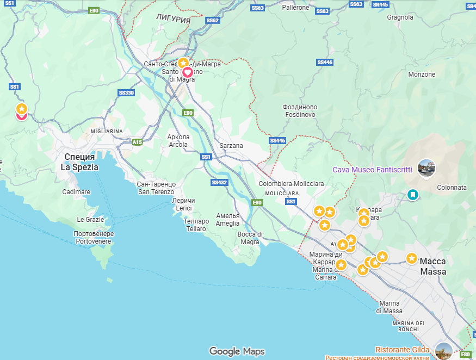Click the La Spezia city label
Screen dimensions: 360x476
(79, 162)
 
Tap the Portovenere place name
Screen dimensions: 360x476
(92, 238)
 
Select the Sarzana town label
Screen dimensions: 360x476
(231, 146)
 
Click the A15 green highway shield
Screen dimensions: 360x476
(137, 142)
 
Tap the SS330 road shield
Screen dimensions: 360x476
(126, 93)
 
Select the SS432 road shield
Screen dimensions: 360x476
(219, 182)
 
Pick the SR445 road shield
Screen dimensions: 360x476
(380, 5)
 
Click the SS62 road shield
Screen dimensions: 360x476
(212, 21)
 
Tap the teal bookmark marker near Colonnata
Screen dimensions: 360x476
(413, 194)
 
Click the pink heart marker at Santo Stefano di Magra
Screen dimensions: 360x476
(187, 72)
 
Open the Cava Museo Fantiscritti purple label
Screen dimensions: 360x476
(372, 170)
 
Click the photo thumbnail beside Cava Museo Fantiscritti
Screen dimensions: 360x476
(426, 168)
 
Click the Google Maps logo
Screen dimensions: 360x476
(237, 351)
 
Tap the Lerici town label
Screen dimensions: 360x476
(183, 204)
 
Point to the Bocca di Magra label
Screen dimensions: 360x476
(250, 238)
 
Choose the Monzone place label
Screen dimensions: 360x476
(422, 74)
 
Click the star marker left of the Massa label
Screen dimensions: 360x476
(412, 258)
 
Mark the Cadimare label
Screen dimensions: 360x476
(76, 192)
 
